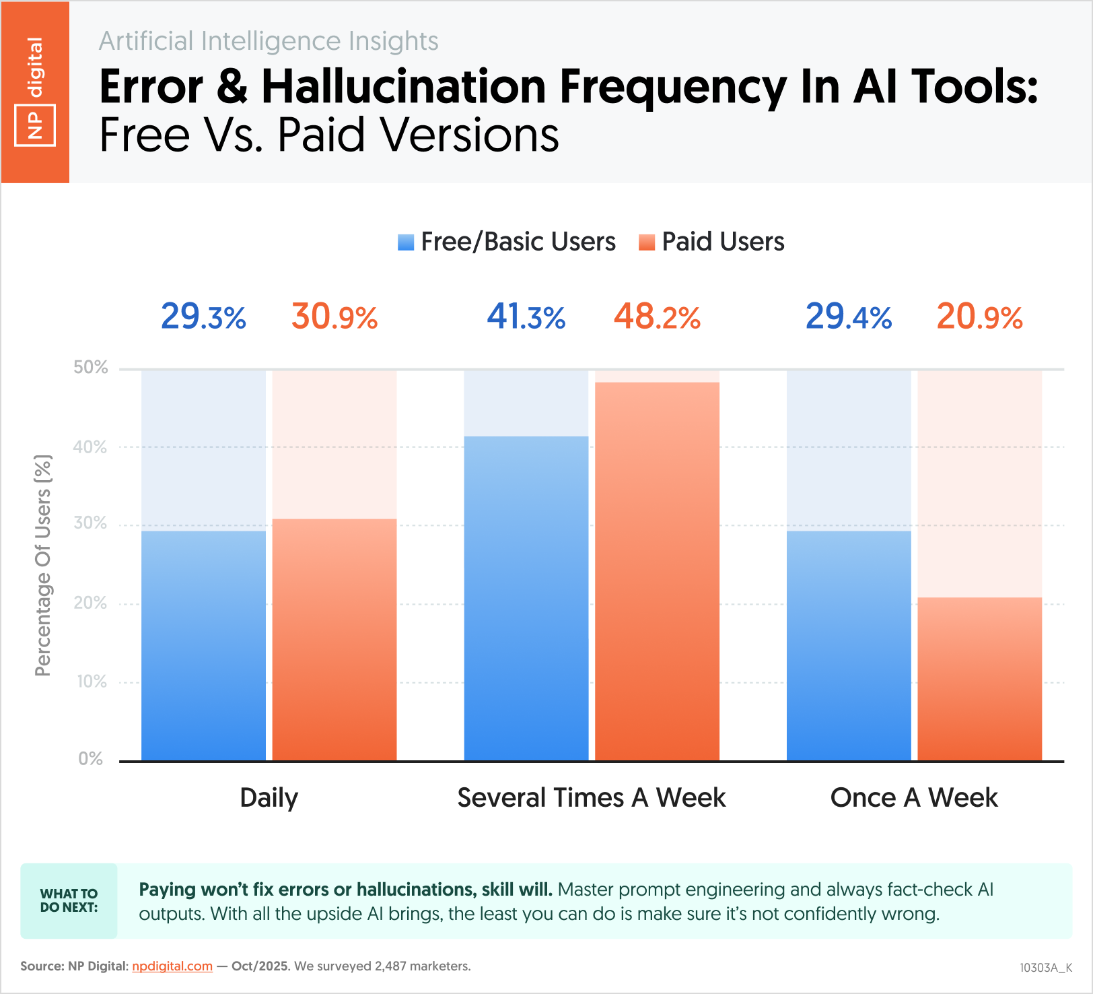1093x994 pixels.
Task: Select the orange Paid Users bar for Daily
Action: point(334,639)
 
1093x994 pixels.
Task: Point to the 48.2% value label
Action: point(657,317)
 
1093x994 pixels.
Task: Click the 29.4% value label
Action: point(848,317)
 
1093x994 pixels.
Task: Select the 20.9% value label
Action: point(979,317)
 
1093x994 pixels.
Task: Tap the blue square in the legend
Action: point(406,242)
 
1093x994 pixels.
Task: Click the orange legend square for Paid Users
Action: point(647,242)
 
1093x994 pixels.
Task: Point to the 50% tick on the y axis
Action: point(91,368)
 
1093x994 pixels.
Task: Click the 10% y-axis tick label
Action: point(92,682)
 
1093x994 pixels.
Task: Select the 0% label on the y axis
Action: point(91,759)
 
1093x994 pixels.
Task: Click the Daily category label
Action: point(269,798)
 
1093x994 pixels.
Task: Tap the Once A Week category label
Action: point(913,798)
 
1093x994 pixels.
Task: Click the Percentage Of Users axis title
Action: point(43,566)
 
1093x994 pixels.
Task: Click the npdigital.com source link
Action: point(172,966)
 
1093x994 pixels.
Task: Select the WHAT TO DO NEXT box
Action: point(69,900)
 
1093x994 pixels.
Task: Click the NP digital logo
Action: point(35,92)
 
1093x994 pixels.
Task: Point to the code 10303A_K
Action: point(1045,968)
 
